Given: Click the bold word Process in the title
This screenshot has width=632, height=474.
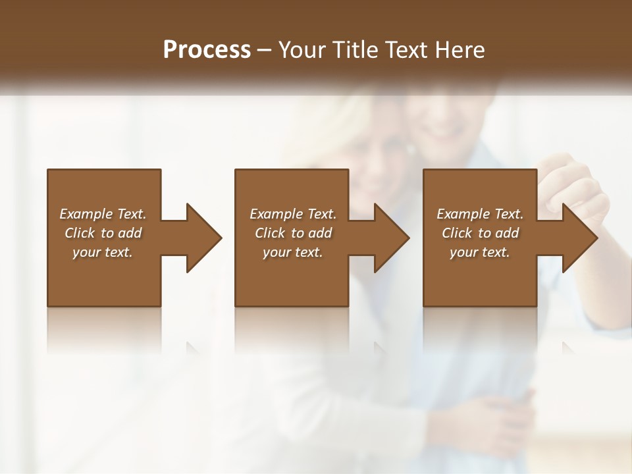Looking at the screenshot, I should [207, 50].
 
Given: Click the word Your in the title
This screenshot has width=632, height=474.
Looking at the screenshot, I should [300, 50].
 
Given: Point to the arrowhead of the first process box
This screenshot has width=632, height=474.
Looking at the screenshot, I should [204, 238].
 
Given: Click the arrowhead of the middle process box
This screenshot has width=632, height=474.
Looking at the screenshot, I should [392, 238].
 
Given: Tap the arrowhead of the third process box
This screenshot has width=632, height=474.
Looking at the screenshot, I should [580, 238].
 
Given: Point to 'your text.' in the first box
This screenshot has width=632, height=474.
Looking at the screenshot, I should [103, 252].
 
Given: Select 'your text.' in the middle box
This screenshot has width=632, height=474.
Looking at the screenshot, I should [293, 252].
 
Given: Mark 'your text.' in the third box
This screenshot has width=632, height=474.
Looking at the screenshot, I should [480, 252].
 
